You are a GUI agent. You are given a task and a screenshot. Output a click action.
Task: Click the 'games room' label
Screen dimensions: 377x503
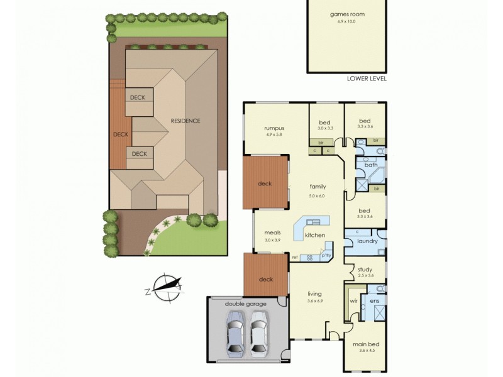click(x=347, y=14)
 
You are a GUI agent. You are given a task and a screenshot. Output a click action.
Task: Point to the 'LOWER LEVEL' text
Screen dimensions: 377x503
click(x=367, y=79)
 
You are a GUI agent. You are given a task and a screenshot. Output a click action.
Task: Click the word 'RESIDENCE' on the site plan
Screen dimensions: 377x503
click(x=186, y=121)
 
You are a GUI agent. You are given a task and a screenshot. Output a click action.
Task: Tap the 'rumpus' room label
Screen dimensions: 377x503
click(x=275, y=128)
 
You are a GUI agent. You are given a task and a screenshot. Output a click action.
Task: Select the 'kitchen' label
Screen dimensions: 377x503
click(x=315, y=235)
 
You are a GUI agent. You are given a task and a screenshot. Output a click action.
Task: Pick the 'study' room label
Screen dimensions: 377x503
click(x=365, y=270)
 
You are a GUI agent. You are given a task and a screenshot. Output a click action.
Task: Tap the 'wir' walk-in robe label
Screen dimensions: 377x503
click(x=353, y=301)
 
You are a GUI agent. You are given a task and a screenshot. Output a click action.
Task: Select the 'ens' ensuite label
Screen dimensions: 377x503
click(x=375, y=301)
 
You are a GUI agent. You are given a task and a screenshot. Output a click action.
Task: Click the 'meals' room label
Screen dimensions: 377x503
click(x=272, y=234)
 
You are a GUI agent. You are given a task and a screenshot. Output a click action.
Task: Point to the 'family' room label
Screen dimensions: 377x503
click(x=317, y=187)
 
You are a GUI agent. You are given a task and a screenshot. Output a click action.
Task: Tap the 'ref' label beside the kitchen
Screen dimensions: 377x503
click(x=294, y=258)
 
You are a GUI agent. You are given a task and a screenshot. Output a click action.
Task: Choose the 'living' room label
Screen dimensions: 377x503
click(x=315, y=293)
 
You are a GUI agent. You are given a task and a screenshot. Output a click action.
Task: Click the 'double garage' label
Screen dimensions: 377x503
click(x=246, y=304)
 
